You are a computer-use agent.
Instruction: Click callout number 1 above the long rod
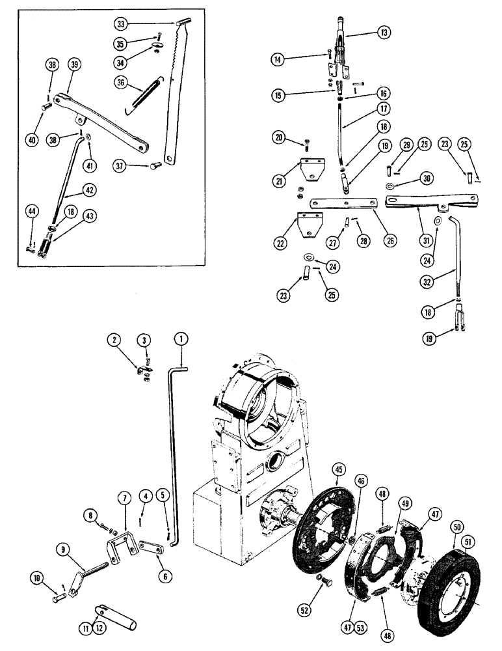pyautogui.click(x=180, y=339)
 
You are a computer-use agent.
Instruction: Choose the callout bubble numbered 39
pyautogui.click(x=73, y=64)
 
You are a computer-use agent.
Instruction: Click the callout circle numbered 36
pyautogui.click(x=121, y=83)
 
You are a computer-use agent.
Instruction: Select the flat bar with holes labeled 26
pyautogui.click(x=343, y=203)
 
